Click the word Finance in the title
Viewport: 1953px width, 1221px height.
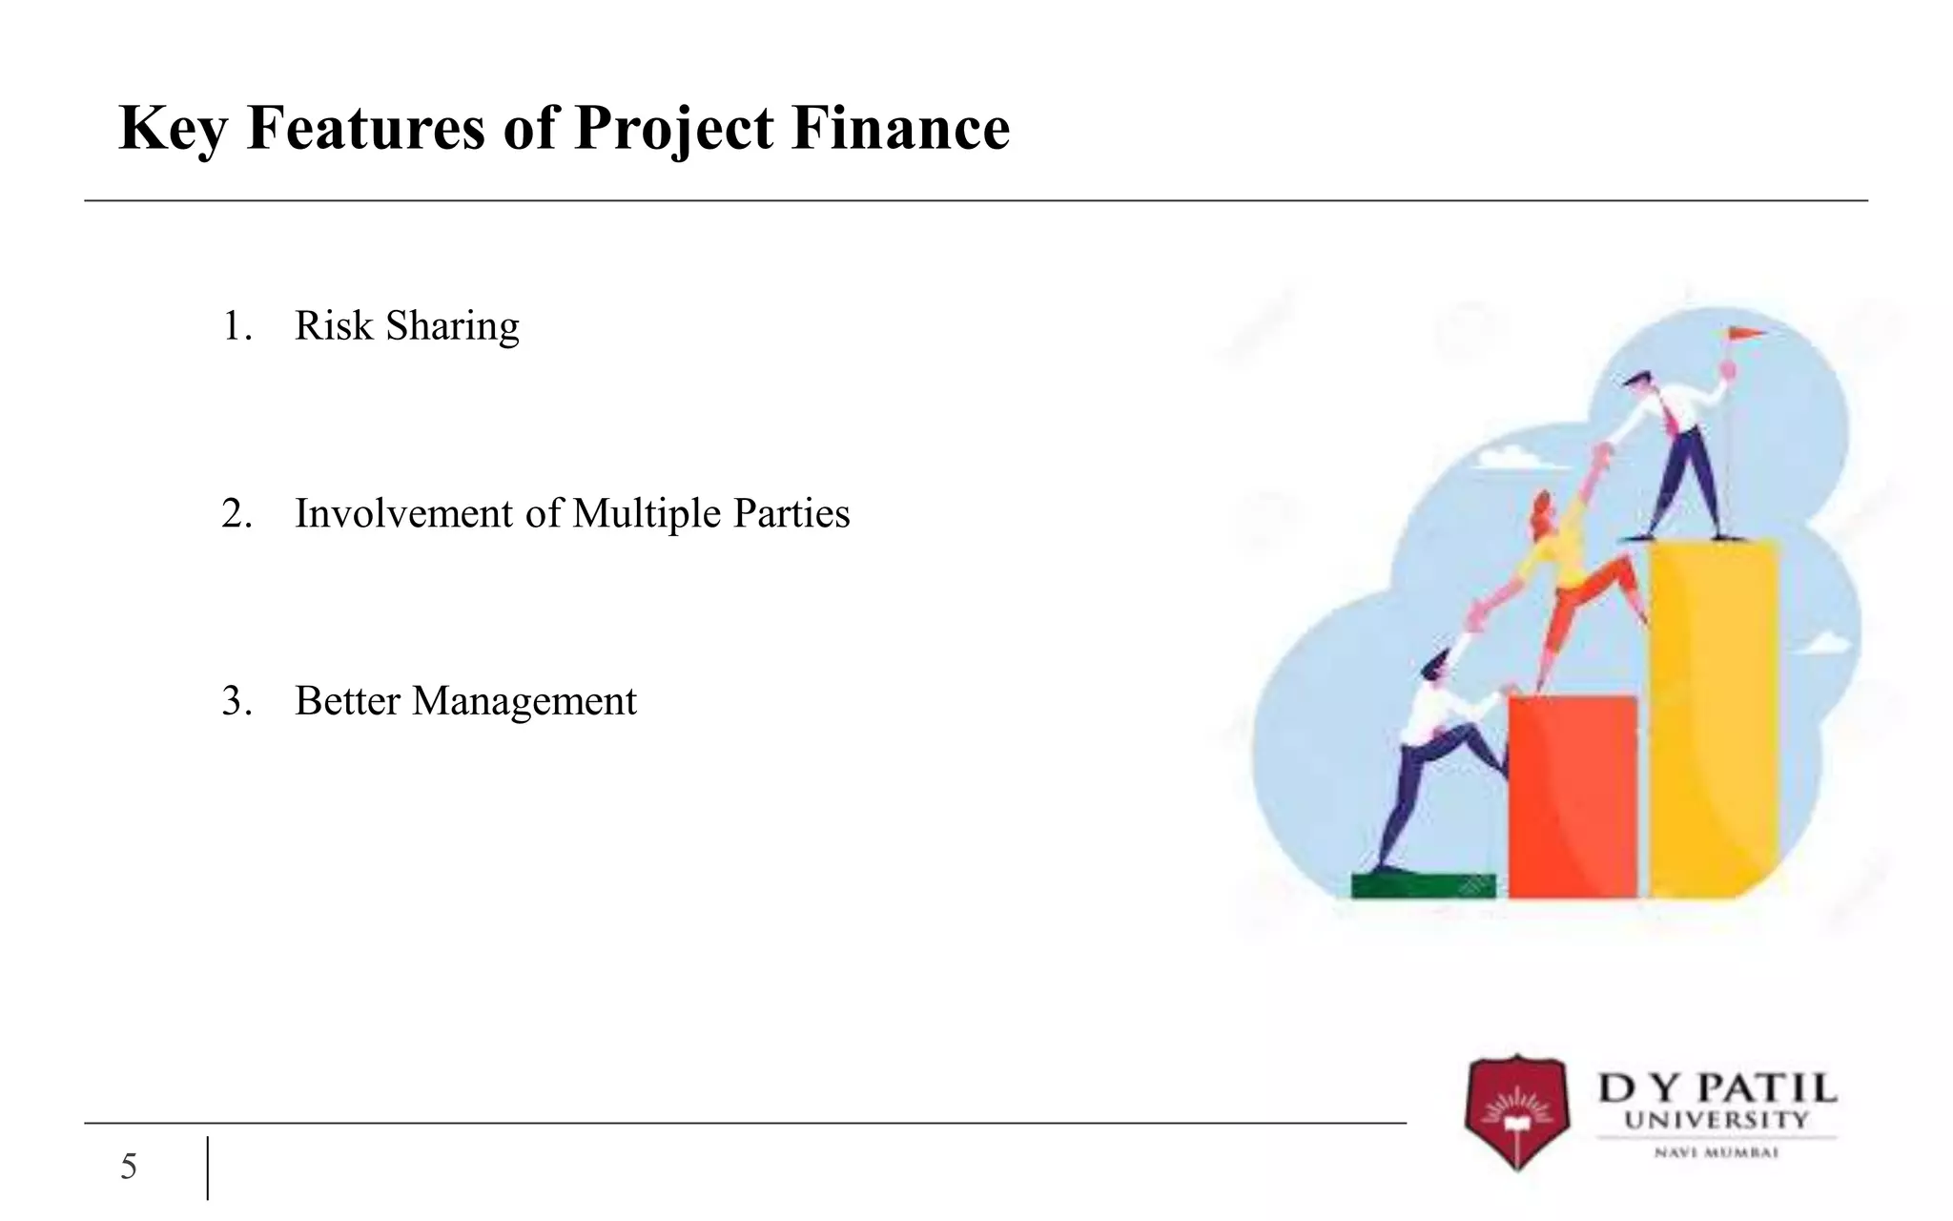point(900,128)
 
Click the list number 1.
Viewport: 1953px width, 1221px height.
point(236,326)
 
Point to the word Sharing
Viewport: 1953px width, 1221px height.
point(452,327)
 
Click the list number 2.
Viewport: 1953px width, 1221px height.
point(236,514)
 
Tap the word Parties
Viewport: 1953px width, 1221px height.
point(791,514)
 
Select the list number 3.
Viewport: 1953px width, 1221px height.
point(236,701)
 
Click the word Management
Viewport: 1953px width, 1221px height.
point(524,702)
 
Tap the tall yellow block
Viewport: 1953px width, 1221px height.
point(1714,715)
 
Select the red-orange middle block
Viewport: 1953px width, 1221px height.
point(1572,797)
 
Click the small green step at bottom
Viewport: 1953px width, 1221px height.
point(1423,886)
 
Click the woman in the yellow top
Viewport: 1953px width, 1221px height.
point(1564,572)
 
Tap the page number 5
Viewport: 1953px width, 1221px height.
point(129,1167)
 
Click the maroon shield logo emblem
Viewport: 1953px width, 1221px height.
point(1516,1111)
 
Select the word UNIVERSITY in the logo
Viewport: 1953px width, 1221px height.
point(1716,1120)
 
